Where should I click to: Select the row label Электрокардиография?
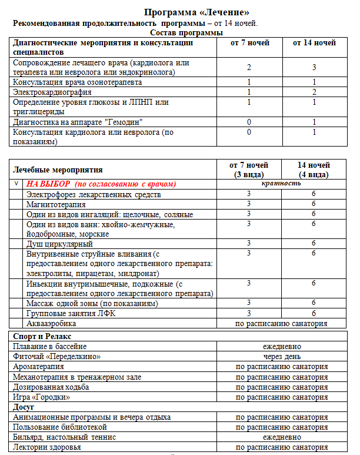(52, 92)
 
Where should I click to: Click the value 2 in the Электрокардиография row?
(314, 92)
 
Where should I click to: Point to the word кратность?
(282, 183)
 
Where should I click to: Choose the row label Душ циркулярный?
(60, 244)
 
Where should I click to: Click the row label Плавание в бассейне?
(50, 347)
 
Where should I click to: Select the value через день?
(282, 357)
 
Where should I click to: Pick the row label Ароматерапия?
(41, 367)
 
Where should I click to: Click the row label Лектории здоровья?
(47, 447)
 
